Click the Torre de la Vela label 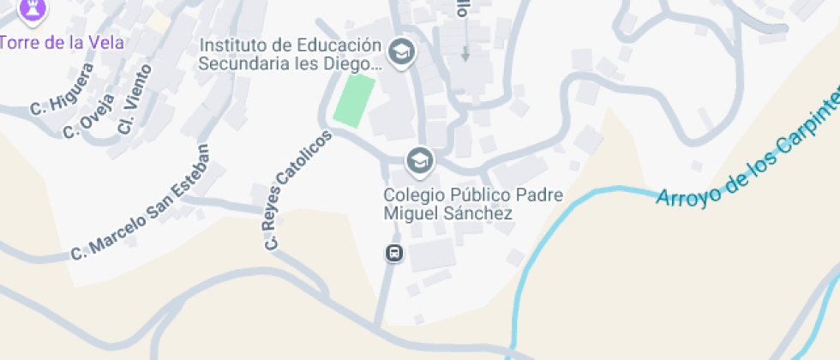pyautogui.click(x=62, y=42)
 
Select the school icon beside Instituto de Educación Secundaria pyautogui.click(x=399, y=52)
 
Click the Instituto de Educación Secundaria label pyautogui.click(x=289, y=54)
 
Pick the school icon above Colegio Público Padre pyautogui.click(x=418, y=159)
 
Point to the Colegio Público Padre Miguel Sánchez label pyautogui.click(x=472, y=204)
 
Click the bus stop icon pyautogui.click(x=393, y=253)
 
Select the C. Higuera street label pyautogui.click(x=61, y=94)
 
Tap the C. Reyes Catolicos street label pyautogui.click(x=297, y=190)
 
